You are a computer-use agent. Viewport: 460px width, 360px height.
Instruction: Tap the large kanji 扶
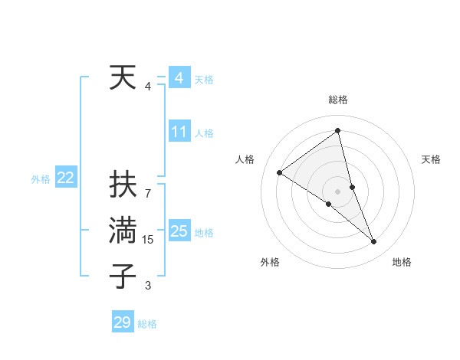(x=123, y=185)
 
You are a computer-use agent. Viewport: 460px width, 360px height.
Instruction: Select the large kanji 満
(x=123, y=231)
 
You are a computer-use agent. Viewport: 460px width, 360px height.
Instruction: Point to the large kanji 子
(x=123, y=276)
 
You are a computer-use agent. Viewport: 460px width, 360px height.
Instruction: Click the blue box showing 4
(x=179, y=78)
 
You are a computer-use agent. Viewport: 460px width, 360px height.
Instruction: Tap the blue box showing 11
(x=179, y=132)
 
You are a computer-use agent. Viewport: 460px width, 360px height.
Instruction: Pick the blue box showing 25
(x=179, y=231)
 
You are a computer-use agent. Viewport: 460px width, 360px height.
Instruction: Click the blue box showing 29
(x=122, y=322)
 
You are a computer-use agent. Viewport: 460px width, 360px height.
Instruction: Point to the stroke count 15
(x=148, y=240)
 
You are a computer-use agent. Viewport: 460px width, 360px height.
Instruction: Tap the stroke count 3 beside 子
(x=148, y=286)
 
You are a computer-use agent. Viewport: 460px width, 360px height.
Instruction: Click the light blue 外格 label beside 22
(x=41, y=179)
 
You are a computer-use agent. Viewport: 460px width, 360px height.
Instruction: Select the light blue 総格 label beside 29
(x=147, y=324)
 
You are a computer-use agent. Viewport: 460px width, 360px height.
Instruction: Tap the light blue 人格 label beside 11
(x=204, y=133)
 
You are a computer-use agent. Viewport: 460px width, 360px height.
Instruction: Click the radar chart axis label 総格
(x=338, y=100)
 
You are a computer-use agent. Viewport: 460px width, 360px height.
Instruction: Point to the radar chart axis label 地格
(x=402, y=262)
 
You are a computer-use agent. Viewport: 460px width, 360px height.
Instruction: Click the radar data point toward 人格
(x=280, y=172)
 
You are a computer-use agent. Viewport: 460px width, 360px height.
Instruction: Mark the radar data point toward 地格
(x=374, y=242)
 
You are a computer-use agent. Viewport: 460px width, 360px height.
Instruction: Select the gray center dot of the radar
(x=337, y=191)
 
